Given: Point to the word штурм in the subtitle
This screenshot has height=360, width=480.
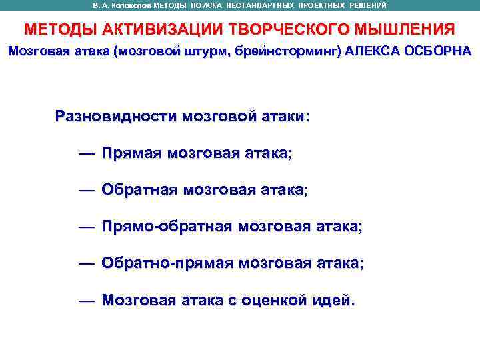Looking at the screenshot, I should [x=205, y=51].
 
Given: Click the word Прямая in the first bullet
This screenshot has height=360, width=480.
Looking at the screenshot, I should [x=131, y=153].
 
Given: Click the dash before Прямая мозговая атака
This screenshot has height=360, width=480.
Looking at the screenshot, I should [x=85, y=154].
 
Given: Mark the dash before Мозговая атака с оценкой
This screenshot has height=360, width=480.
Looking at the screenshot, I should [x=85, y=301].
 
